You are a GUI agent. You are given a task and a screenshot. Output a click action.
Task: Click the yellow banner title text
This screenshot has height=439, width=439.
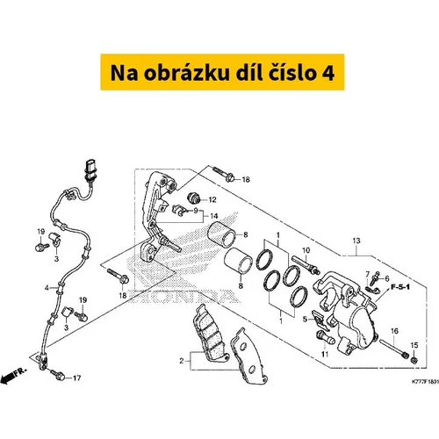(222, 73)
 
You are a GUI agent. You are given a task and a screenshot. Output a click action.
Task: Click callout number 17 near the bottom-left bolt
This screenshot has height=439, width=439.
(76, 378)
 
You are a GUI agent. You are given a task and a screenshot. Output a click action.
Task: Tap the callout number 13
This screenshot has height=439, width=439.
(356, 241)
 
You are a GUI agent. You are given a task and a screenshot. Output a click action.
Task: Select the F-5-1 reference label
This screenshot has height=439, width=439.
(400, 287)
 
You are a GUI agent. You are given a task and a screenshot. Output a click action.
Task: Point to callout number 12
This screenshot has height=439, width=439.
(212, 199)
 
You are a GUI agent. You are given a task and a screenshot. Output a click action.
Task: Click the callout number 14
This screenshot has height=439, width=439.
(214, 216)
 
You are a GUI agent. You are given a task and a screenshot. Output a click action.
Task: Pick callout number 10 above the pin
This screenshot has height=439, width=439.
(306, 250)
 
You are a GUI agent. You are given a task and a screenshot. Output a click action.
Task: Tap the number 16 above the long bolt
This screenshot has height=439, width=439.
(394, 331)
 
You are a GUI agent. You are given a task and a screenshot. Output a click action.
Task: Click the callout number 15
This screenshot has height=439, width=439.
(414, 345)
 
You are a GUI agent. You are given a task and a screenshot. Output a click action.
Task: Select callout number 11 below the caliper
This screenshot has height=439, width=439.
(325, 354)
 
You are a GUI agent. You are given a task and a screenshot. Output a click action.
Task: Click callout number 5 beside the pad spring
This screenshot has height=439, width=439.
(305, 319)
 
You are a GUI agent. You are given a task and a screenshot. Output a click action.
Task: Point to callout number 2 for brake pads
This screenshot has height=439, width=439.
(182, 361)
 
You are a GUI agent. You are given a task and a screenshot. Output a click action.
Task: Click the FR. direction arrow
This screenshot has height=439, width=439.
(14, 376)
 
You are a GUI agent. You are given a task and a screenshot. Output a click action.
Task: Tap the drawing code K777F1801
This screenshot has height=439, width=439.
(425, 382)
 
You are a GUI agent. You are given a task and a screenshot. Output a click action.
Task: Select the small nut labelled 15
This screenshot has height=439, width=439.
(414, 360)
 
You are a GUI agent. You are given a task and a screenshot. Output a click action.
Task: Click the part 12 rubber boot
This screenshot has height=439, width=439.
(193, 198)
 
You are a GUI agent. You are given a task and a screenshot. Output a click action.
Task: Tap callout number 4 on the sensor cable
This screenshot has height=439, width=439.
(47, 288)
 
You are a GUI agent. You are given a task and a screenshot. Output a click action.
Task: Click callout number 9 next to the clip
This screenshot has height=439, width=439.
(196, 211)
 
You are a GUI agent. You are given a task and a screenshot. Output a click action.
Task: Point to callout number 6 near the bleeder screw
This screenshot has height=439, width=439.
(387, 278)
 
